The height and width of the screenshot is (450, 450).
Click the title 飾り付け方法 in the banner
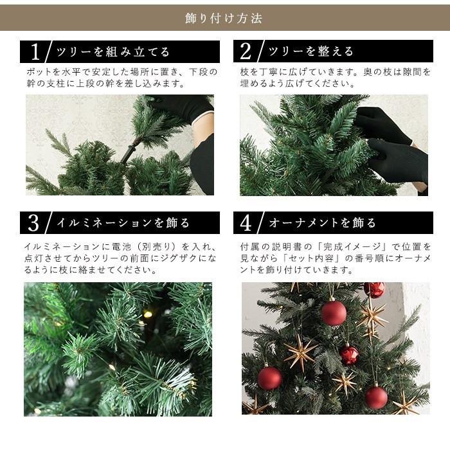(x=224, y=19)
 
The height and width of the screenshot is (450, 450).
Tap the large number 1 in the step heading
(x=35, y=51)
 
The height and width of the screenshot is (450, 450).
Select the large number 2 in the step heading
(x=246, y=51)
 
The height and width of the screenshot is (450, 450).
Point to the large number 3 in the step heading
(x=33, y=223)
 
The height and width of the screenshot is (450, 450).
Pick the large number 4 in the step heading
(x=246, y=222)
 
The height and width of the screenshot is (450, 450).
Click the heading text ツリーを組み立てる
(x=113, y=52)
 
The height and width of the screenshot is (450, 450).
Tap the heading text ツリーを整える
(x=310, y=51)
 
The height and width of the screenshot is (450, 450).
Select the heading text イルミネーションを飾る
(x=123, y=223)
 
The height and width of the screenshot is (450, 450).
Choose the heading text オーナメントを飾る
(x=322, y=222)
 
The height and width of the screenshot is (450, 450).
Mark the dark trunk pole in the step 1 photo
(x=130, y=151)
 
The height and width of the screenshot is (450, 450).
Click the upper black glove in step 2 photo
(x=382, y=125)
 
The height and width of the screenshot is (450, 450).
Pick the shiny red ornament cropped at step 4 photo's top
(x=375, y=289)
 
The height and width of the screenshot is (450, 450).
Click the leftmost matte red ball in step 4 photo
(x=269, y=377)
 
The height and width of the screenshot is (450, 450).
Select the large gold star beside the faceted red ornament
(x=300, y=352)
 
